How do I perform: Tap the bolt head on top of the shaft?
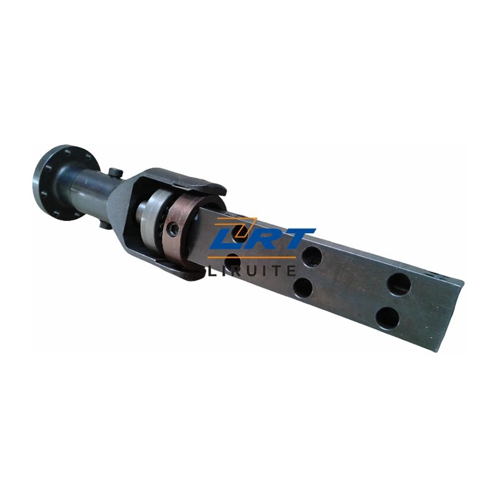click(116, 172)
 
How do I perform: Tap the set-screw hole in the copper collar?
click(174, 228)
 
